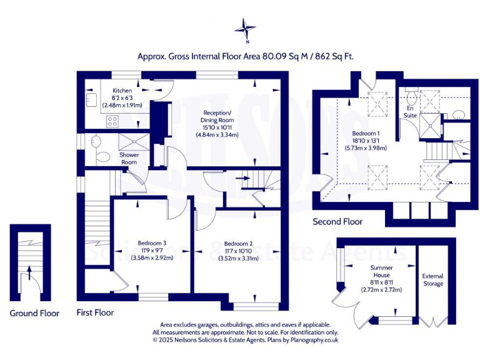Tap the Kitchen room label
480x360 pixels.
pyautogui.click(x=122, y=91)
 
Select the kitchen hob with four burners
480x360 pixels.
pyautogui.click(x=113, y=121)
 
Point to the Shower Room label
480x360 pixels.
pyautogui.click(x=129, y=158)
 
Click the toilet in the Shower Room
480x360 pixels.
pyautogui.click(x=99, y=157)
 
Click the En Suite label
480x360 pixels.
pyautogui.click(x=409, y=112)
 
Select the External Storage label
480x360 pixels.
pyautogui.click(x=433, y=279)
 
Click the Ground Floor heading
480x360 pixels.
pyautogui.click(x=34, y=313)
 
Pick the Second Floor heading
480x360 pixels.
pyautogui.click(x=337, y=221)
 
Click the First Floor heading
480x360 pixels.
pyautogui.click(x=95, y=312)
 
